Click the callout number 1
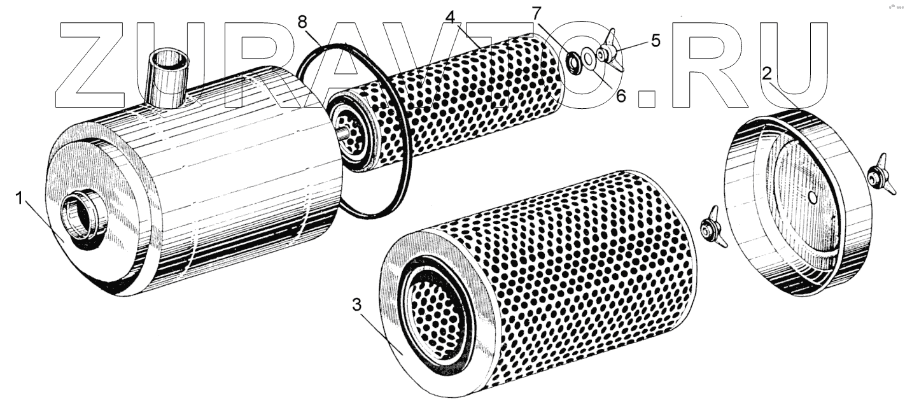click(x=20, y=199)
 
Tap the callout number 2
click(x=768, y=73)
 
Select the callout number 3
click(x=356, y=305)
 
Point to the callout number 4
click(x=451, y=18)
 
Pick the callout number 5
click(x=655, y=40)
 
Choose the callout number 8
click(x=306, y=22)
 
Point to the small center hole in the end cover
click(x=812, y=197)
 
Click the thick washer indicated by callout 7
click(x=574, y=62)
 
